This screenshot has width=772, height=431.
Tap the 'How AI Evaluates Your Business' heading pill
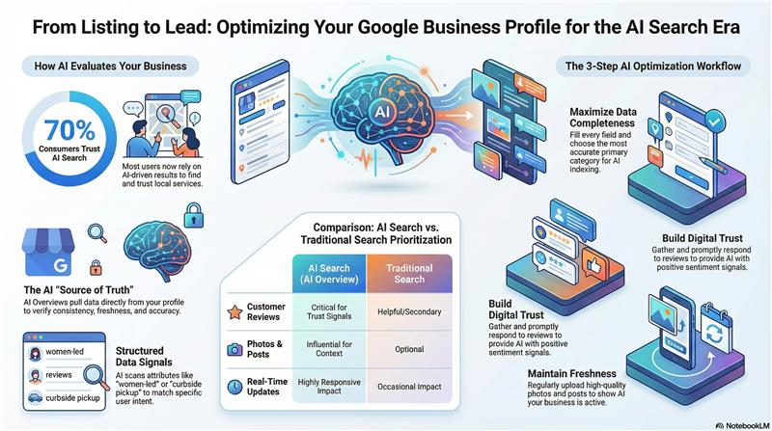110,67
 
